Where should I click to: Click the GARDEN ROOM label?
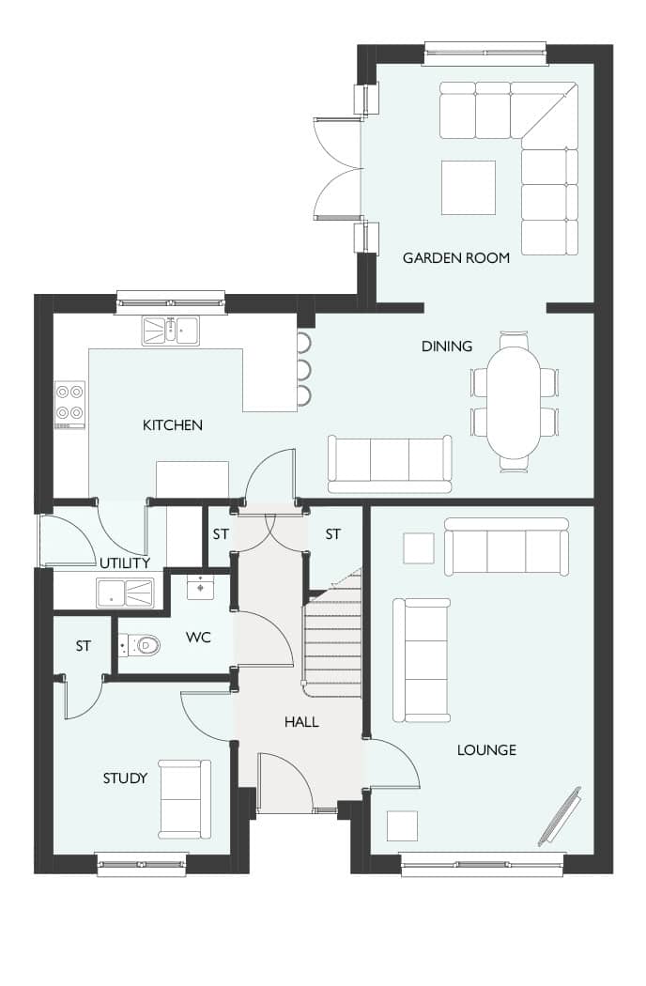[x=456, y=258]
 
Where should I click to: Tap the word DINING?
[x=447, y=346]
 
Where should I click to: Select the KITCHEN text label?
[x=173, y=425]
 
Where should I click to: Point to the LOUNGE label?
[x=486, y=749]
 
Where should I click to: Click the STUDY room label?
[x=125, y=778]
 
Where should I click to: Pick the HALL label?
[x=301, y=722]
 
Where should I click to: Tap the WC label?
[x=198, y=638]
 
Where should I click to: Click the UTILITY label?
[x=125, y=562]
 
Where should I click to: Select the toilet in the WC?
[x=139, y=644]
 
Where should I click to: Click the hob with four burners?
[x=69, y=405]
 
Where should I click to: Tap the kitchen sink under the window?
[x=171, y=331]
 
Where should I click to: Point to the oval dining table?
[x=514, y=403]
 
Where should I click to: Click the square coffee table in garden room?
[x=469, y=188]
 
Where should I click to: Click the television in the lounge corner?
[x=560, y=816]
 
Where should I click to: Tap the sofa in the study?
[x=184, y=799]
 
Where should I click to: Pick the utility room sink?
[x=125, y=593]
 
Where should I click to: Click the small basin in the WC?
[x=200, y=587]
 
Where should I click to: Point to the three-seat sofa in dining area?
[x=390, y=464]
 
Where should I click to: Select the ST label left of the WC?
[x=83, y=646]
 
